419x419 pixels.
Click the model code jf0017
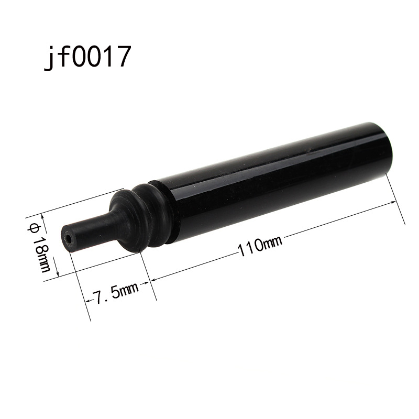pos(87,58)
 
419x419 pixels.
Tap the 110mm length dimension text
pos(260,246)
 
